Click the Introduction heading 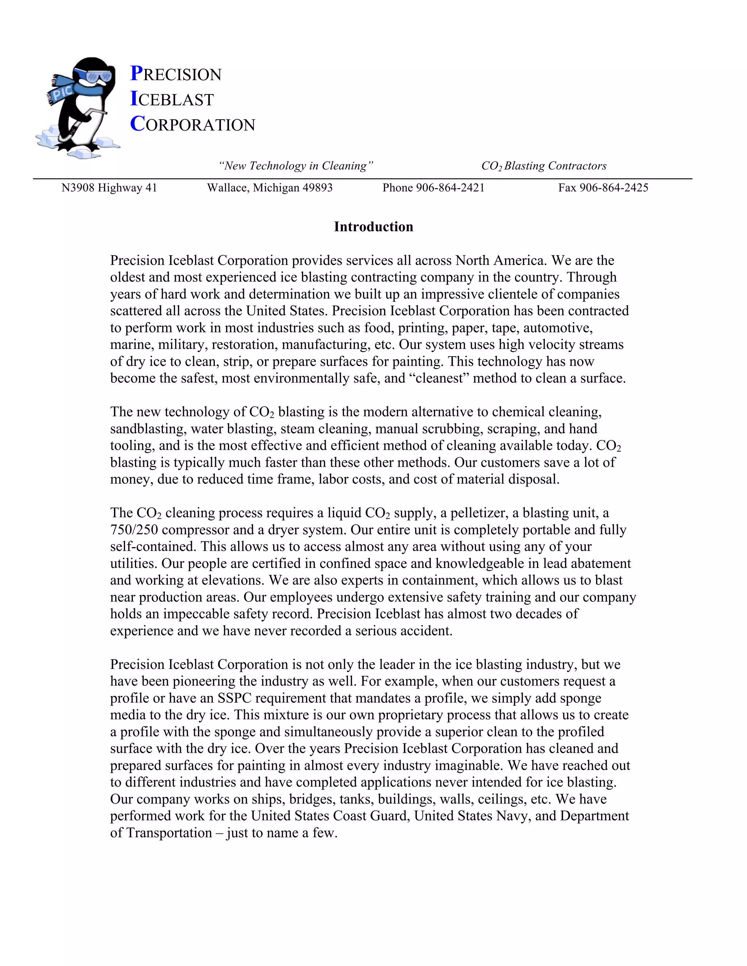(373, 226)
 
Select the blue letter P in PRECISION (136, 73)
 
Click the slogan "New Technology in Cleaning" (295, 166)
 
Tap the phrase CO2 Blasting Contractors (543, 166)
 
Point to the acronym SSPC (234, 698)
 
